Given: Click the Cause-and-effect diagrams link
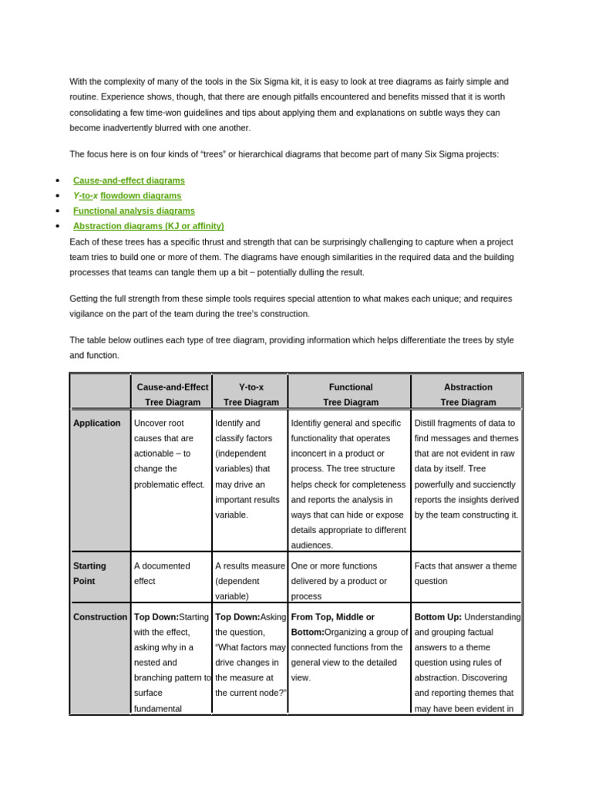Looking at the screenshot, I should pyautogui.click(x=129, y=181).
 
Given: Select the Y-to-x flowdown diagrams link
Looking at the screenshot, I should pyautogui.click(x=127, y=196).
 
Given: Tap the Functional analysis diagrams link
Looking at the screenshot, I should pyautogui.click(x=133, y=211).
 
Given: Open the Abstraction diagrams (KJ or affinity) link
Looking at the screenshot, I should pyautogui.click(x=148, y=226).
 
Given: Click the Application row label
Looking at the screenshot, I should pyautogui.click(x=96, y=423).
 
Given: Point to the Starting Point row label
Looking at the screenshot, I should pyautogui.click(x=89, y=573).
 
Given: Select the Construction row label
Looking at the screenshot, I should pyautogui.click(x=99, y=617).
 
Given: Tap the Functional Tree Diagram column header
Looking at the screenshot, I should pyautogui.click(x=351, y=394).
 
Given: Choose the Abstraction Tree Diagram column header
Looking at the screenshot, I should pyautogui.click(x=468, y=394).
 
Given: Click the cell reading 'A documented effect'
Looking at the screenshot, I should pyautogui.click(x=162, y=573).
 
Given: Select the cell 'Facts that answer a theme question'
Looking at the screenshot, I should pyautogui.click(x=466, y=573).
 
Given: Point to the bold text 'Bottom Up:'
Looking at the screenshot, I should pyautogui.click(x=438, y=617).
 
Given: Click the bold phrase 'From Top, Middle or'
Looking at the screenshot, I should pyautogui.click(x=333, y=617).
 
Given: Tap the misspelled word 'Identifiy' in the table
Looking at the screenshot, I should pyautogui.click(x=308, y=423).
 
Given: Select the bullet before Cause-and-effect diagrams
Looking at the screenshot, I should pyautogui.click(x=59, y=181).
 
